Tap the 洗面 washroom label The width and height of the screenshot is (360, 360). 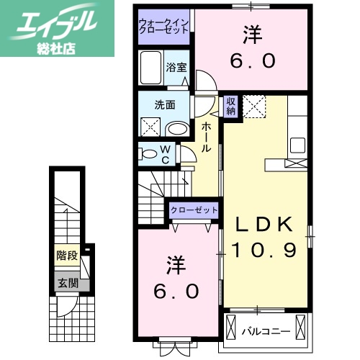164,104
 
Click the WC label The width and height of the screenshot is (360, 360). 165,153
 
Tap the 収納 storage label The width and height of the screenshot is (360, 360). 231,106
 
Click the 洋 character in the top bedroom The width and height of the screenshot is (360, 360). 251,33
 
